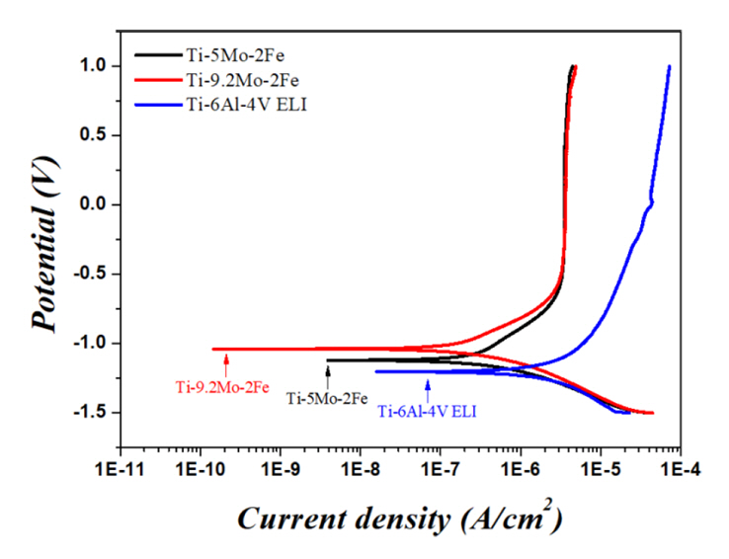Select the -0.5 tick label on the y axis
pos(90,274)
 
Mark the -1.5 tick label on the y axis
pos(90,413)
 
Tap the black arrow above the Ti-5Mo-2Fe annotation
pos(328,374)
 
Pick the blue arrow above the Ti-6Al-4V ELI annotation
pos(428,386)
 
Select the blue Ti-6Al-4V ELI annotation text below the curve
pos(427,411)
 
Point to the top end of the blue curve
pos(669,67)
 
